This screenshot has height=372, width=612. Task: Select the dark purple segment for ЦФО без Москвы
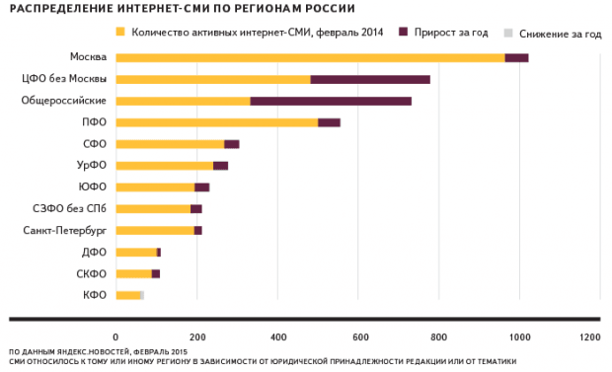(x=370, y=79)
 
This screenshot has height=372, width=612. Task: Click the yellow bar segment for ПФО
(x=216, y=122)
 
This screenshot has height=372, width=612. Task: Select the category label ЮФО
(x=94, y=187)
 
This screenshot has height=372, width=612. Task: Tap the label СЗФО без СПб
(x=71, y=208)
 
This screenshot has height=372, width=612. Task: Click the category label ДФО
(x=95, y=252)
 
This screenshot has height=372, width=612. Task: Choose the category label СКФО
(x=92, y=273)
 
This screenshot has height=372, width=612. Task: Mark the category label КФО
(x=95, y=295)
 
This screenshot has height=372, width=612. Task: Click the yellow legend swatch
(x=121, y=34)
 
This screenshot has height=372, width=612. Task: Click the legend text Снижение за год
(x=561, y=34)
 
